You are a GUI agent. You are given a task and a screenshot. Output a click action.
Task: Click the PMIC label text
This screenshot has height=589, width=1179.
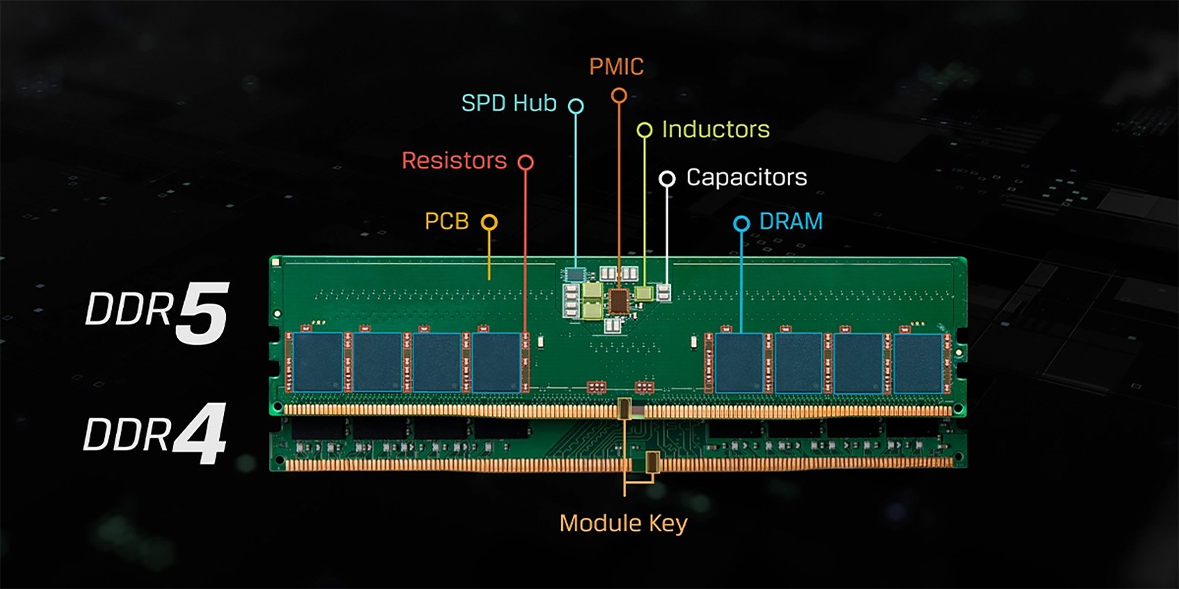click(616, 67)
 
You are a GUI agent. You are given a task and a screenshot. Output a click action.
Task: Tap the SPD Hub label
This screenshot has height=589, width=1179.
click(509, 104)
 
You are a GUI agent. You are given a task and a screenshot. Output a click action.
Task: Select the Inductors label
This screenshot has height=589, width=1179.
click(716, 129)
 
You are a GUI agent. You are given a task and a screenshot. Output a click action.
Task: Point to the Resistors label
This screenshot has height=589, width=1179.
click(454, 160)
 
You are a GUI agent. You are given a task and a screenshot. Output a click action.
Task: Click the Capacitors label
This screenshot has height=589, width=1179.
click(746, 177)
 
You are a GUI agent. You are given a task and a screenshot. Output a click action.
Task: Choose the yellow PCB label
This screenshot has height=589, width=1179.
click(447, 221)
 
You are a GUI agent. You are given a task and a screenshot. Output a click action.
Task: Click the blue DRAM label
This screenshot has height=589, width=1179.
click(791, 221)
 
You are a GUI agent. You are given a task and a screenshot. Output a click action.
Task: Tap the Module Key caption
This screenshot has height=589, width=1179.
click(623, 523)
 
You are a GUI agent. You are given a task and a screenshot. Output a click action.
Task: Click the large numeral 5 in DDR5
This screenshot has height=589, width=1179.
click(201, 313)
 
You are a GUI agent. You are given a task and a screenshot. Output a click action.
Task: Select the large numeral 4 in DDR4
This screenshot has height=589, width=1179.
click(199, 434)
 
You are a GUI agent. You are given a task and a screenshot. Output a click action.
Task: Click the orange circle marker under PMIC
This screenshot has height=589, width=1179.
click(619, 95)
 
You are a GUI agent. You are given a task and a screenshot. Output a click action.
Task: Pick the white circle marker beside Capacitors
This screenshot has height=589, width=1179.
click(667, 179)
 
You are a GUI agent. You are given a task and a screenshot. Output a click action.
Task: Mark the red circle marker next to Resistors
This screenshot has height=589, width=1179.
click(525, 162)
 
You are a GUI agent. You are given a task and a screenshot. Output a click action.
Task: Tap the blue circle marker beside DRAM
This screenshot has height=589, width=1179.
click(741, 223)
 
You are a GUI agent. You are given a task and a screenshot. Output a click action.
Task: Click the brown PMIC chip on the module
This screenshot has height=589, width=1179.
click(619, 301)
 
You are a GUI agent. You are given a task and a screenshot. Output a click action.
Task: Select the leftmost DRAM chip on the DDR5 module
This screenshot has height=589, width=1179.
click(318, 362)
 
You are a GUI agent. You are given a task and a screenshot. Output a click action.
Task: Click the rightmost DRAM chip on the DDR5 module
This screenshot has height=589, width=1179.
click(918, 363)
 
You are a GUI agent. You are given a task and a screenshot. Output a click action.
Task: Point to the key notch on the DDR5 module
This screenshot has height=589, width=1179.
click(625, 408)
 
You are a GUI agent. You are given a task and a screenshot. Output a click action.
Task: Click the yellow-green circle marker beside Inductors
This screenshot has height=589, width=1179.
click(644, 130)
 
